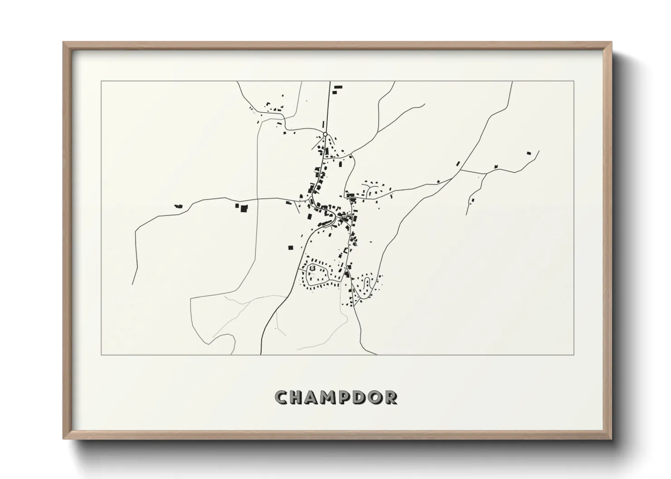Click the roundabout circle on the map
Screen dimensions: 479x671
tap(325, 134)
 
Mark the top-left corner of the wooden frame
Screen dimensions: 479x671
tap(63, 43)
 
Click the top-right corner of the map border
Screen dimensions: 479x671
tap(574, 81)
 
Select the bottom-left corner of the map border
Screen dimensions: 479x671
tap(101, 354)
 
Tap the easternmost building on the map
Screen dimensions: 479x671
tap(528, 153)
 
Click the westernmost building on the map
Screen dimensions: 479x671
tap(179, 206)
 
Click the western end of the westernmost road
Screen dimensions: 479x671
tap(132, 284)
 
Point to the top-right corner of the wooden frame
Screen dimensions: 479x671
tap(611, 43)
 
